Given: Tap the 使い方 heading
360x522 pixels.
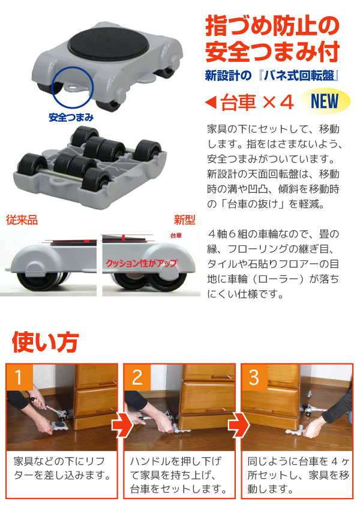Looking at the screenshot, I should [45, 343].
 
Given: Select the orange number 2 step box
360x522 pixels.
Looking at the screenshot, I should [137, 377].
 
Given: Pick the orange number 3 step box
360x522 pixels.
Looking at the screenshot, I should [254, 377].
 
